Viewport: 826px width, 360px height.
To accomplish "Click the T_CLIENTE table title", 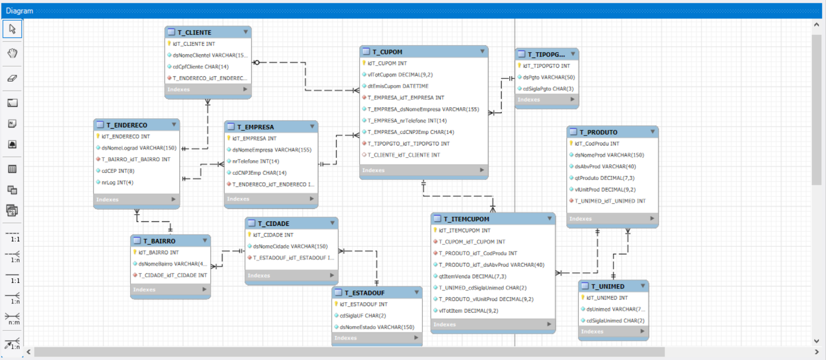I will [x=194, y=32].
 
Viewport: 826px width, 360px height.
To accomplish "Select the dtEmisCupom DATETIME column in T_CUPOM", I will [x=397, y=86].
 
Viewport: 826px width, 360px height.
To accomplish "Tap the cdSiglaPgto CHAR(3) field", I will [x=548, y=89].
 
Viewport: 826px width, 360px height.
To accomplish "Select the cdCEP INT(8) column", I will [x=118, y=171].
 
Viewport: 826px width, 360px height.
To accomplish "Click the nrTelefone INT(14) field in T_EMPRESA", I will [x=255, y=161].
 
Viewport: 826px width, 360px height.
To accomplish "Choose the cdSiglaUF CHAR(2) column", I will [x=363, y=316].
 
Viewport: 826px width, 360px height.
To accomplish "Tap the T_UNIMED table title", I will [x=608, y=287].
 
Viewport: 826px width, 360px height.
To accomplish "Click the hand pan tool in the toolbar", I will [x=13, y=53].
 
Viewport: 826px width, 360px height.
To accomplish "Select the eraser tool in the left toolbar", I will [x=13, y=78].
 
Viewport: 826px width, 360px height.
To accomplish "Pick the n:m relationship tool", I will [x=13, y=318].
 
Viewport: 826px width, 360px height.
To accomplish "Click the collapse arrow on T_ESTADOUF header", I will [x=416, y=293].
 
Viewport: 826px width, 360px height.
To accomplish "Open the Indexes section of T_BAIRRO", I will [x=170, y=290].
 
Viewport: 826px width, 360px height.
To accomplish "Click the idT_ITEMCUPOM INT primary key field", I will [x=464, y=231].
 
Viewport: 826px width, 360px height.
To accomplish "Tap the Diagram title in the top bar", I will [x=19, y=11].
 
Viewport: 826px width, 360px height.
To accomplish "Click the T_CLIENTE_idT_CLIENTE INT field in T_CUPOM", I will [x=404, y=155].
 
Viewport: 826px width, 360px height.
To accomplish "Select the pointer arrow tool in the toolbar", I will [x=13, y=29].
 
